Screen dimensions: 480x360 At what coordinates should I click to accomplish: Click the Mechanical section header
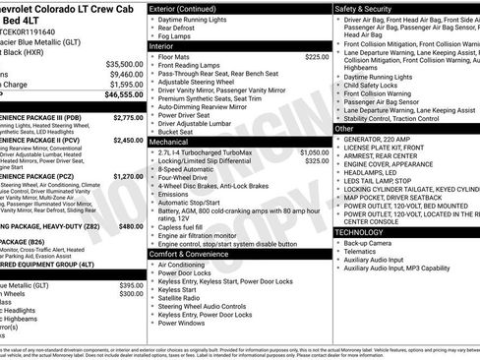[x=169, y=142]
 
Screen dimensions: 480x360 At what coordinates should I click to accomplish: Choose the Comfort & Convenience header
[x=194, y=254]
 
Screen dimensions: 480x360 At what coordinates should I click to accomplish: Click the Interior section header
[x=162, y=46]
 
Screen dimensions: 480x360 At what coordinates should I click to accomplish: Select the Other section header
[x=344, y=128]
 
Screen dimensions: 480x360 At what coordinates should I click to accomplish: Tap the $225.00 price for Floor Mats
[x=317, y=58]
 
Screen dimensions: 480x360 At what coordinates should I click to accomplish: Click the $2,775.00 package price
[x=128, y=117]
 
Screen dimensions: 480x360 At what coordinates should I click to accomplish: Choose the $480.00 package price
[x=132, y=226]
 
